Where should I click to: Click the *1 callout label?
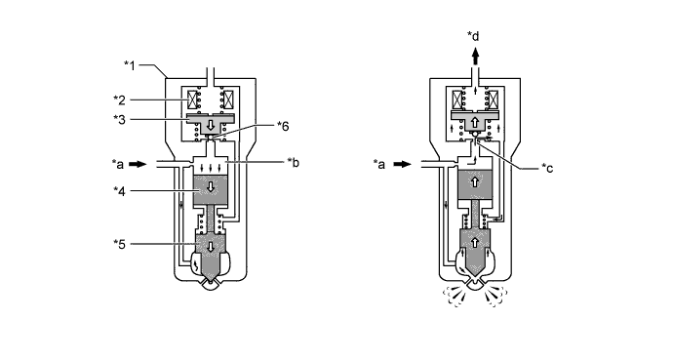[x=130, y=65]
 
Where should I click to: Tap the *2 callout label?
[x=119, y=100]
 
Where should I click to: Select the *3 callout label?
[x=119, y=119]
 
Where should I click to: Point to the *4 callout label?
[x=119, y=191]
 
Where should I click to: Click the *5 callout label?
[x=119, y=244]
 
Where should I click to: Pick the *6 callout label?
[x=283, y=126]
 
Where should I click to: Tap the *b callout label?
[x=294, y=163]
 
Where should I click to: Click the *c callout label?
[x=547, y=168]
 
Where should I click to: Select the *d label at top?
[x=473, y=36]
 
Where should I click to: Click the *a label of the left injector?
[x=118, y=164]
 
